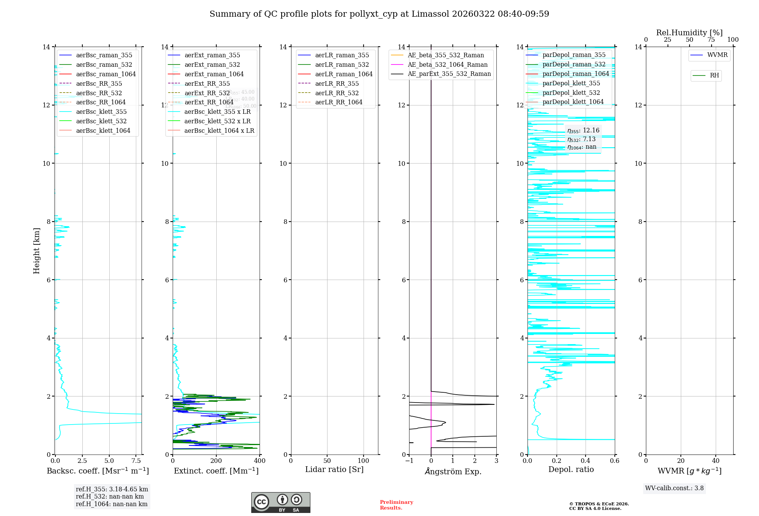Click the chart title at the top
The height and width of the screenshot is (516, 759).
click(x=379, y=14)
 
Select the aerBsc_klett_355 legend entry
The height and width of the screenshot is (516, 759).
click(x=101, y=112)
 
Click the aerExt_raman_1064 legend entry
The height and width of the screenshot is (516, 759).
click(x=214, y=74)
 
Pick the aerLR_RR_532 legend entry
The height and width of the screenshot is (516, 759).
click(x=337, y=93)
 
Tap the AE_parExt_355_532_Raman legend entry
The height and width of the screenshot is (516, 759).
click(x=449, y=74)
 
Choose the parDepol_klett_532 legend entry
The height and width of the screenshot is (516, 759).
click(x=571, y=93)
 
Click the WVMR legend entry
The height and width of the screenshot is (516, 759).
click(x=717, y=55)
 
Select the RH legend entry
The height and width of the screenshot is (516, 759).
click(x=714, y=76)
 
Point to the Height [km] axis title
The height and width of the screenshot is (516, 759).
click(x=36, y=250)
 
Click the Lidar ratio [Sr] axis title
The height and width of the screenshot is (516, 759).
click(x=334, y=469)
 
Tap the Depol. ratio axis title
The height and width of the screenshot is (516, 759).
click(x=571, y=469)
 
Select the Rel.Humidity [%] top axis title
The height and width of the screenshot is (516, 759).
click(x=689, y=33)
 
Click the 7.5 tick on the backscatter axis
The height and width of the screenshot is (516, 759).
click(x=136, y=461)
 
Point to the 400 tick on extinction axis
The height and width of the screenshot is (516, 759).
click(x=260, y=461)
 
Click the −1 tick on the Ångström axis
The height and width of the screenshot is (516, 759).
click(x=409, y=461)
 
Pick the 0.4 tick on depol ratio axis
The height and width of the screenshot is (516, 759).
click(x=586, y=461)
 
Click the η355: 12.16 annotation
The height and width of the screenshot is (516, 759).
click(x=583, y=131)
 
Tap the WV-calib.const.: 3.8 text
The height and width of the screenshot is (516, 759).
click(x=674, y=488)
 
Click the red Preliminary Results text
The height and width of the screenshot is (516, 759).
click(x=396, y=505)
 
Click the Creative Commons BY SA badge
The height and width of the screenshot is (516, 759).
click(x=280, y=503)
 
